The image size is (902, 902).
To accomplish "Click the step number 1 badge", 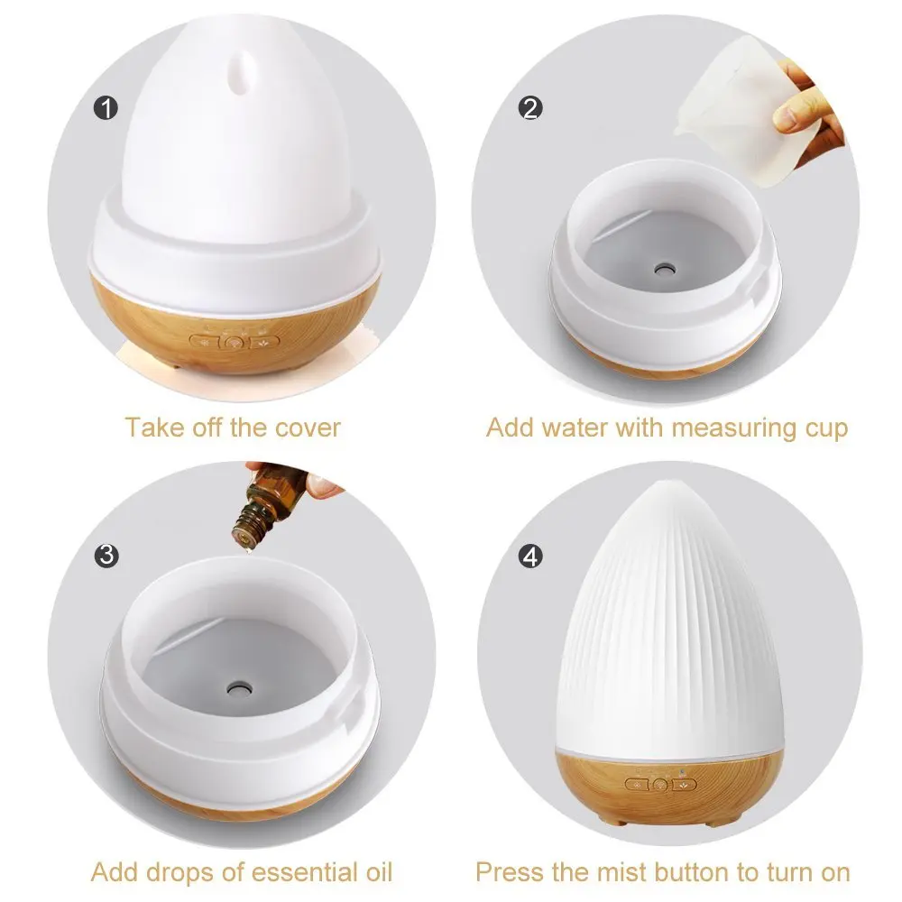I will [x=106, y=110].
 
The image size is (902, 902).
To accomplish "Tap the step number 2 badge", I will [x=531, y=108].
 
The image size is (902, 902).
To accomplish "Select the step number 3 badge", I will [x=106, y=555].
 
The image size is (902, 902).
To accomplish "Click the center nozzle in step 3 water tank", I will [x=241, y=686].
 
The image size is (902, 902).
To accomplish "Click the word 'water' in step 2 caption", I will [x=577, y=428].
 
